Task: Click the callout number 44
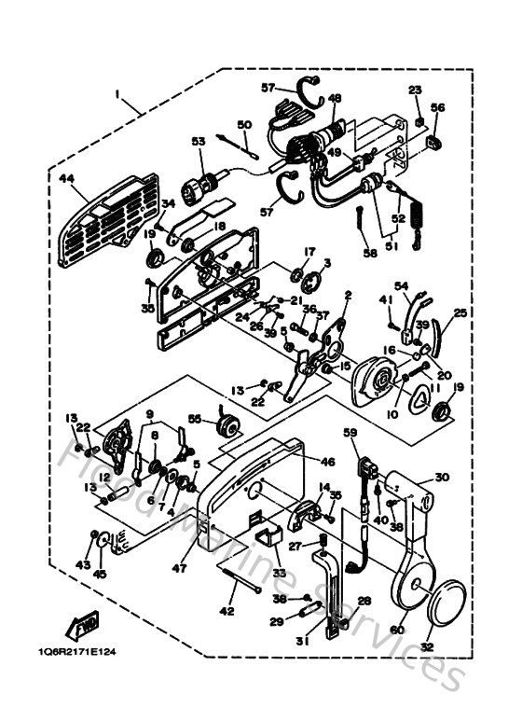click(x=66, y=178)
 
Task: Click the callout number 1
click(x=118, y=94)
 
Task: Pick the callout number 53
click(x=198, y=142)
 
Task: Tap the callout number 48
click(x=335, y=98)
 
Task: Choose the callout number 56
click(x=438, y=107)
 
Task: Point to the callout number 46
click(x=327, y=462)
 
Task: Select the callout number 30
click(x=442, y=477)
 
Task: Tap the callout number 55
click(x=196, y=421)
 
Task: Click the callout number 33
click(x=279, y=572)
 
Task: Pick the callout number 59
click(x=350, y=432)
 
